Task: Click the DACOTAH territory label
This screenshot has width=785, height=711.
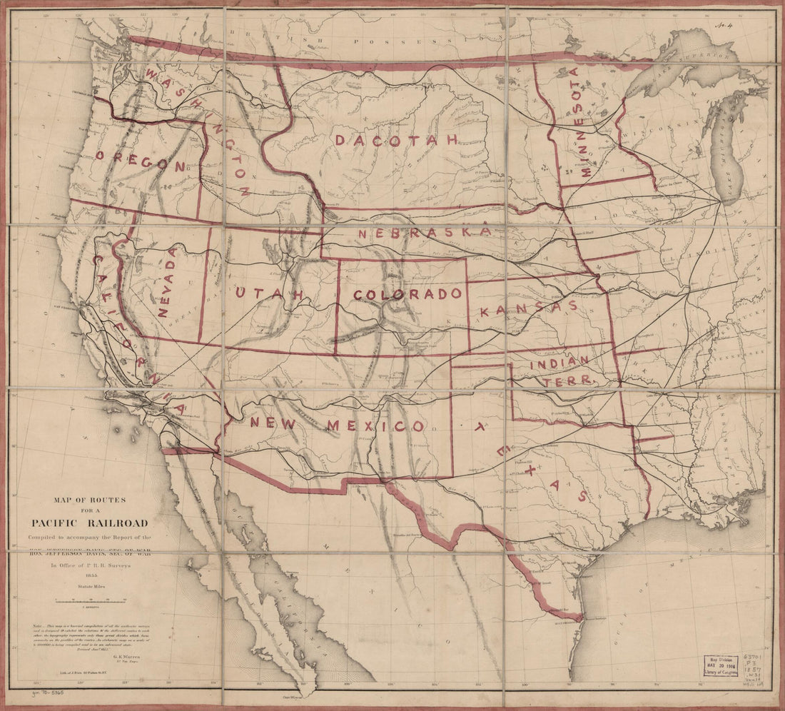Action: (396, 141)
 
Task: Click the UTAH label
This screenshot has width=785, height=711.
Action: (270, 294)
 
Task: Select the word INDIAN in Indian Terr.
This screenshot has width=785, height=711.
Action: (559, 362)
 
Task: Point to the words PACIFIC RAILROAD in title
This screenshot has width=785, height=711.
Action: (89, 523)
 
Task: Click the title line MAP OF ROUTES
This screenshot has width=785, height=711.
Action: (89, 500)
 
